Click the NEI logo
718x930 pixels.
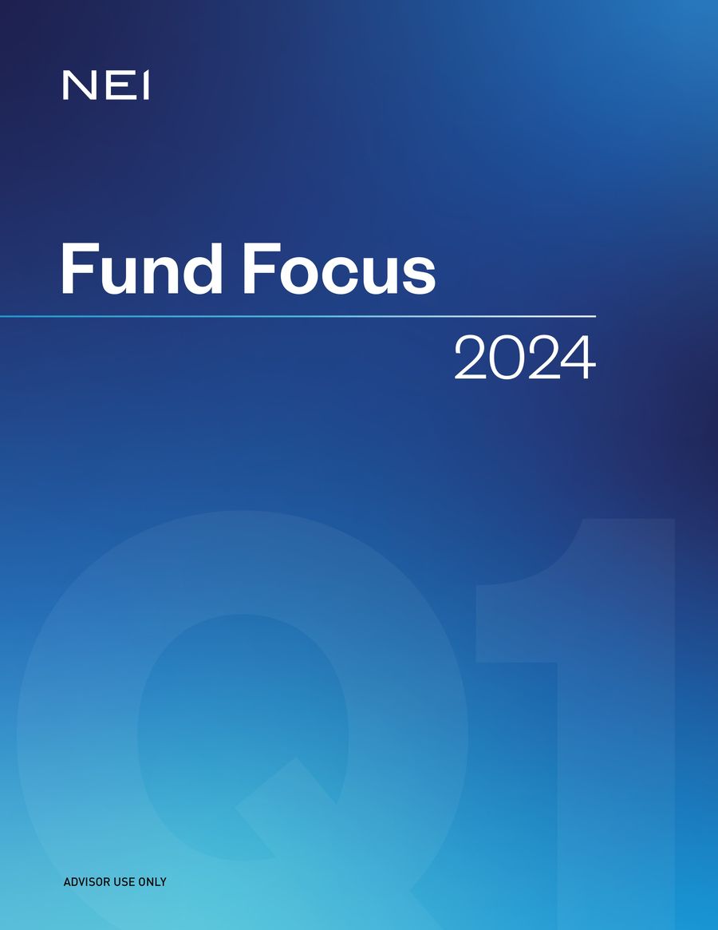(x=106, y=85)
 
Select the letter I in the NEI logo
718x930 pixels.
(x=145, y=85)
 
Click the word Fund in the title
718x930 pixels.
(x=140, y=269)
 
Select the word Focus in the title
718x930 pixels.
(x=340, y=269)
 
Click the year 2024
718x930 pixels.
(x=524, y=358)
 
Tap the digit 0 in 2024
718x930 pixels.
(x=507, y=358)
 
